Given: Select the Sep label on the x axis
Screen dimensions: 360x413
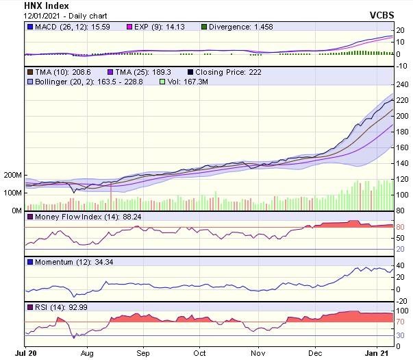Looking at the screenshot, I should [x=143, y=354].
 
